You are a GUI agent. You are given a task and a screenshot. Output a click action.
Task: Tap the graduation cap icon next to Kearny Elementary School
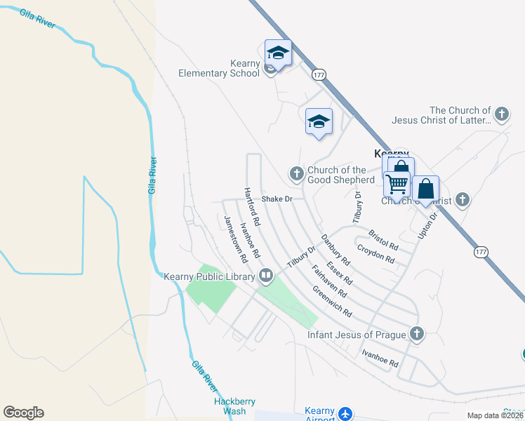[x=278, y=53]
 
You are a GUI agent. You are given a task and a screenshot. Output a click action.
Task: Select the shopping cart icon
[x=397, y=184]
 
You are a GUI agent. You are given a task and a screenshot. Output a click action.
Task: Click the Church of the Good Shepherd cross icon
[x=296, y=173]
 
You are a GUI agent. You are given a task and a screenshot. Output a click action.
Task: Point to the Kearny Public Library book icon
[x=266, y=275]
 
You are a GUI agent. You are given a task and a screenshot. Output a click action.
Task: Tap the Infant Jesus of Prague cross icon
[x=418, y=333]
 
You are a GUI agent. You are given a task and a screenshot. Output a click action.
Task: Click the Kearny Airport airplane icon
[x=345, y=414]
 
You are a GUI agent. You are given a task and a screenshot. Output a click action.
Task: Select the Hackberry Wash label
[x=235, y=406]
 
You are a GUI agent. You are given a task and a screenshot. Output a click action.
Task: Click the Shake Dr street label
[x=277, y=199]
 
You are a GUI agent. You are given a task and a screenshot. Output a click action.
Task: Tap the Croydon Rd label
[x=376, y=253]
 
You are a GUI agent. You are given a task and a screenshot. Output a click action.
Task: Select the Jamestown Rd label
[x=236, y=239]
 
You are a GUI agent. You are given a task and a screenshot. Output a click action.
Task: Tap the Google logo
[x=24, y=413]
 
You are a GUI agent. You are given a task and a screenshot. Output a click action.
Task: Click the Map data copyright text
[x=495, y=415]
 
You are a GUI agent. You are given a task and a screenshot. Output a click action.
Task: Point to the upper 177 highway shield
[x=319, y=74]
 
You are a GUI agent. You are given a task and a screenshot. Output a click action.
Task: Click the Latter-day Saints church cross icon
[x=501, y=114]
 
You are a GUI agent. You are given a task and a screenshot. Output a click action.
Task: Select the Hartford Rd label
[x=252, y=206]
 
